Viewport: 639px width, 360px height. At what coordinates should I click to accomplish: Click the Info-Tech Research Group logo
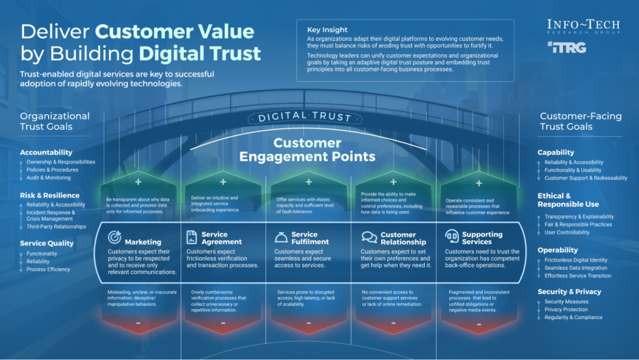583,27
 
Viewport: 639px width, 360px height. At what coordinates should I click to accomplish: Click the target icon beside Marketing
114,237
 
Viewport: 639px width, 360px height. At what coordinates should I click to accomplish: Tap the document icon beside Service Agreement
191,237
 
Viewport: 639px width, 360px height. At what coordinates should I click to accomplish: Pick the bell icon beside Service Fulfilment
280,237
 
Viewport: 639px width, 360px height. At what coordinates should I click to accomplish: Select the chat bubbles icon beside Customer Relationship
369,237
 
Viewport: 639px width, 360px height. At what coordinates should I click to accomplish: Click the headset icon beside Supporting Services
451,237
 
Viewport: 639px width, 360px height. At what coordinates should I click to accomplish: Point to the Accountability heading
46,152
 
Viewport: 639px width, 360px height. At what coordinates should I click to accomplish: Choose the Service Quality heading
49,244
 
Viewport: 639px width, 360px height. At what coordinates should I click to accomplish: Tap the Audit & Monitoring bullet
48,177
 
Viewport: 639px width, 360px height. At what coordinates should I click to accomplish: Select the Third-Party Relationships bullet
56,226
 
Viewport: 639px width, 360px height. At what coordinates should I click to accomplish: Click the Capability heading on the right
556,153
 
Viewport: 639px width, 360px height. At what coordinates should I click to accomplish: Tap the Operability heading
559,249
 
